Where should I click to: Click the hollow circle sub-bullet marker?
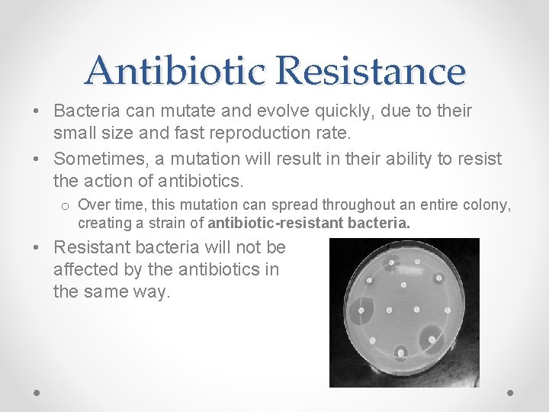pos(66,205)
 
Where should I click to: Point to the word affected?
pos(85,270)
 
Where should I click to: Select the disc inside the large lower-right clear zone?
pos(433,338)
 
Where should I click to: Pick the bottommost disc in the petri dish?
pos(401,352)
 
